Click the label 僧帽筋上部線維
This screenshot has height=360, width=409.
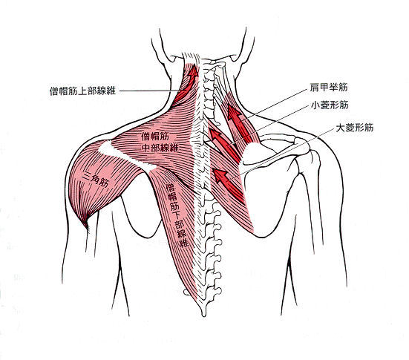pyautogui.click(x=82, y=91)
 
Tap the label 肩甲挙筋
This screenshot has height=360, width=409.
pyautogui.click(x=329, y=87)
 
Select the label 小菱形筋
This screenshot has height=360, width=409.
pyautogui.click(x=330, y=105)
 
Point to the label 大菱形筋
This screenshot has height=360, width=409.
pyautogui.click(x=355, y=128)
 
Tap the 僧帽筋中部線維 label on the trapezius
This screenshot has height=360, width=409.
pyautogui.click(x=160, y=143)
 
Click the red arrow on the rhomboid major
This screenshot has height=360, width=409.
pyautogui.click(x=228, y=183)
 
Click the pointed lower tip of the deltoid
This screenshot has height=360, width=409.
pyautogui.click(x=86, y=226)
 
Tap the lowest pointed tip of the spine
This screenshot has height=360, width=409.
pyautogui.click(x=204, y=315)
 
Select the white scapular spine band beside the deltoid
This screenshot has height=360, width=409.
pyautogui.click(x=128, y=156)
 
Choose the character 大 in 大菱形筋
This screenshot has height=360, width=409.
pyautogui.click(x=340, y=128)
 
